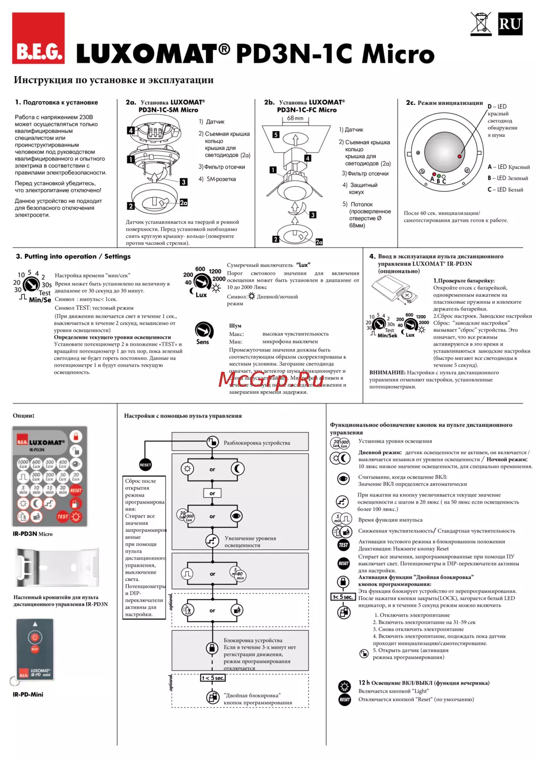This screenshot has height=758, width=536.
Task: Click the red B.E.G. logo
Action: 39,39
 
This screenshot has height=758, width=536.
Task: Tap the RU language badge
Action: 510,24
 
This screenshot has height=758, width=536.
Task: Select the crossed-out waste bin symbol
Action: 481,24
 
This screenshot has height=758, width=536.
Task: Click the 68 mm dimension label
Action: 295,118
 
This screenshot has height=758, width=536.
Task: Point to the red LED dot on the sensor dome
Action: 459,156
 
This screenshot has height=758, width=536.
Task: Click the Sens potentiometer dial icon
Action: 203,330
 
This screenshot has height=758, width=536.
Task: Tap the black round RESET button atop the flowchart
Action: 145,464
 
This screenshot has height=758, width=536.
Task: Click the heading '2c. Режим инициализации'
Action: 444,103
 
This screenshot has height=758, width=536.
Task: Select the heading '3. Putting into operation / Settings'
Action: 73,257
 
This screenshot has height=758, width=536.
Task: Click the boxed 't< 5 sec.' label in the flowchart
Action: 213,678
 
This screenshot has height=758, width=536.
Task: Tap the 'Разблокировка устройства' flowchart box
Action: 256,442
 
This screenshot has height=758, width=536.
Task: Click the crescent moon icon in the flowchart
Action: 237,469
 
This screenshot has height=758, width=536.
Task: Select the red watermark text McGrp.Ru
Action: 271,379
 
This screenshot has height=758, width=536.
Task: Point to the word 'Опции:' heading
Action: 24,415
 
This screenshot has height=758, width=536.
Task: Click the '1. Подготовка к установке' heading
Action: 56,102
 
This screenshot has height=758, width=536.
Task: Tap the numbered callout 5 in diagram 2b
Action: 276,135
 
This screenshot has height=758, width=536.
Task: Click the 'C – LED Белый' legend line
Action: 505,190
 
